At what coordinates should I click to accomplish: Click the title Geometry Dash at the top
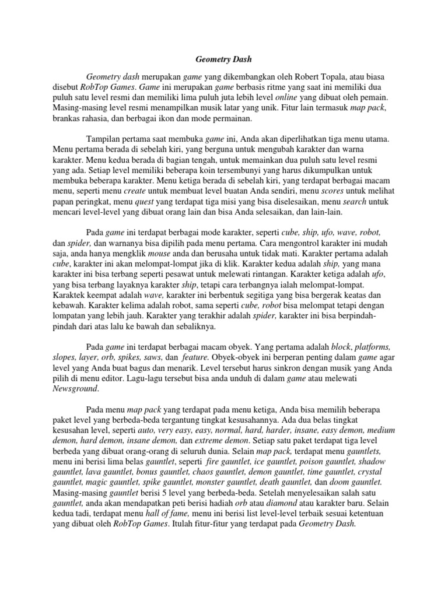[223, 59]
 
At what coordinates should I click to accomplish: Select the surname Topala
[343, 76]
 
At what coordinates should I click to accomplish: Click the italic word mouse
[160, 255]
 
